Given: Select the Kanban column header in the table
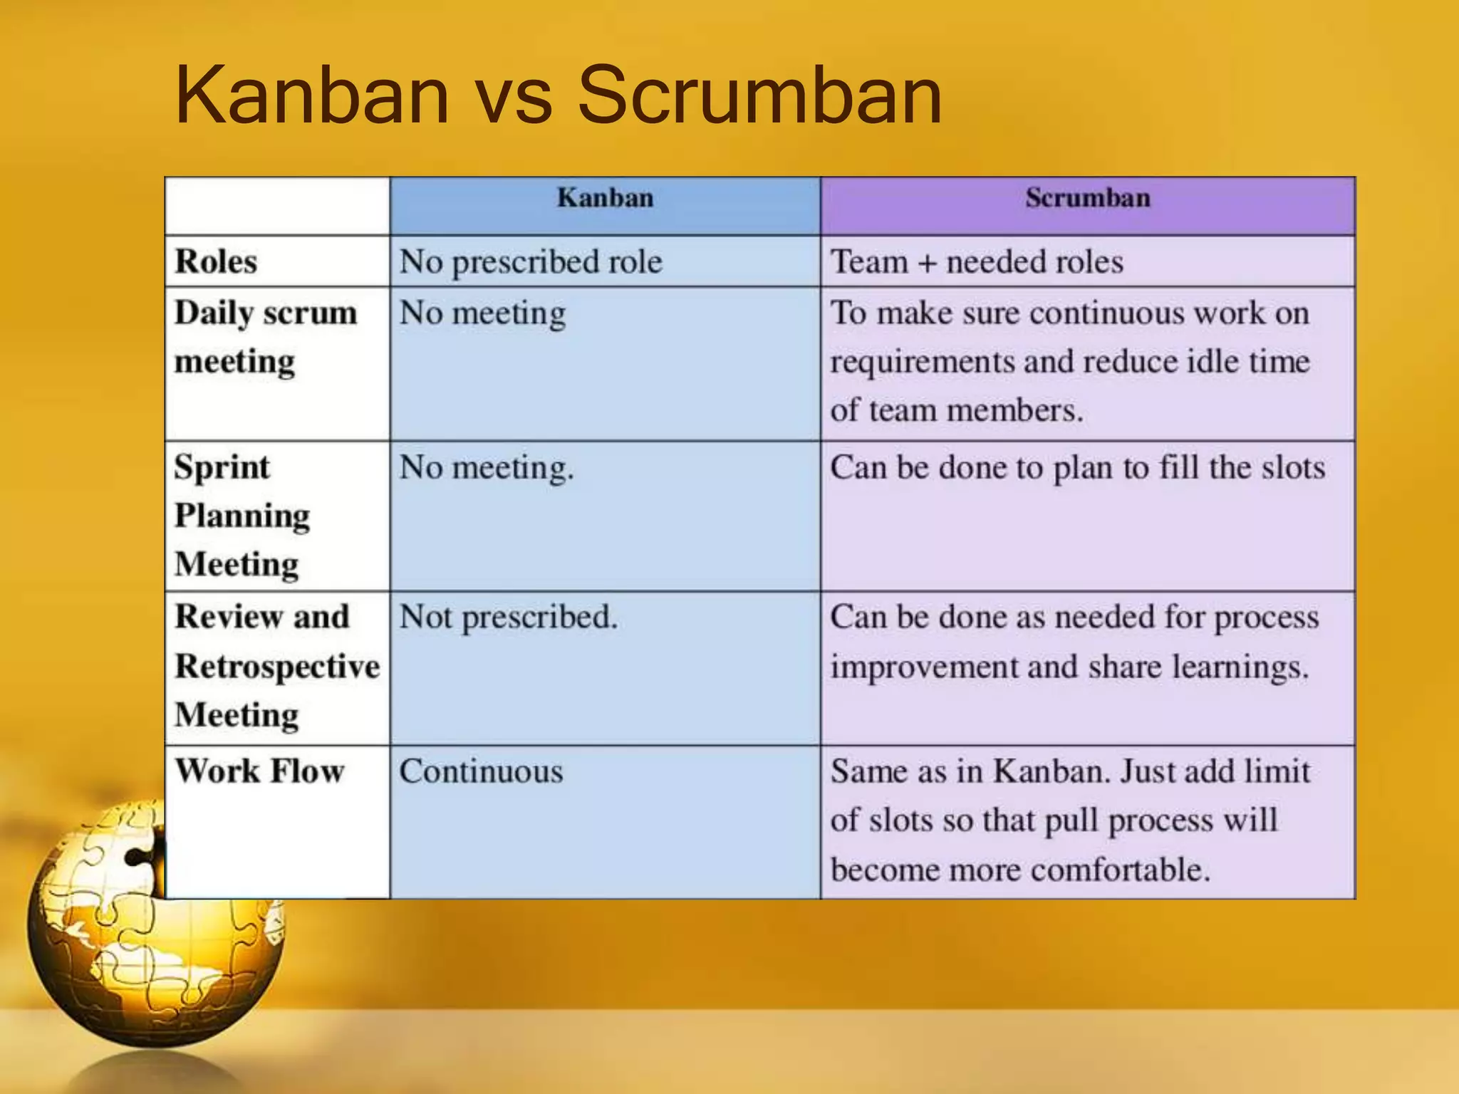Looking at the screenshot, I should (605, 198).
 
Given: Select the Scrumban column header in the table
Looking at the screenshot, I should (1088, 198).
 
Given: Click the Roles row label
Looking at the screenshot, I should (216, 261).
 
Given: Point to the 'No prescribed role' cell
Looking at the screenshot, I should (531, 262).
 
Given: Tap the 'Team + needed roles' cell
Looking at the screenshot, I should (977, 262).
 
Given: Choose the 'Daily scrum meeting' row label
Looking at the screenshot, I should (265, 337).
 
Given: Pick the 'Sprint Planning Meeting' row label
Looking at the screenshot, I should (242, 515).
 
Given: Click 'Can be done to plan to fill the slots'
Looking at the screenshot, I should (1077, 468).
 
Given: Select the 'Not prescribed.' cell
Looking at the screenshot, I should (508, 618).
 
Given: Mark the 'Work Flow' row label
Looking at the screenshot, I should (260, 771).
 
